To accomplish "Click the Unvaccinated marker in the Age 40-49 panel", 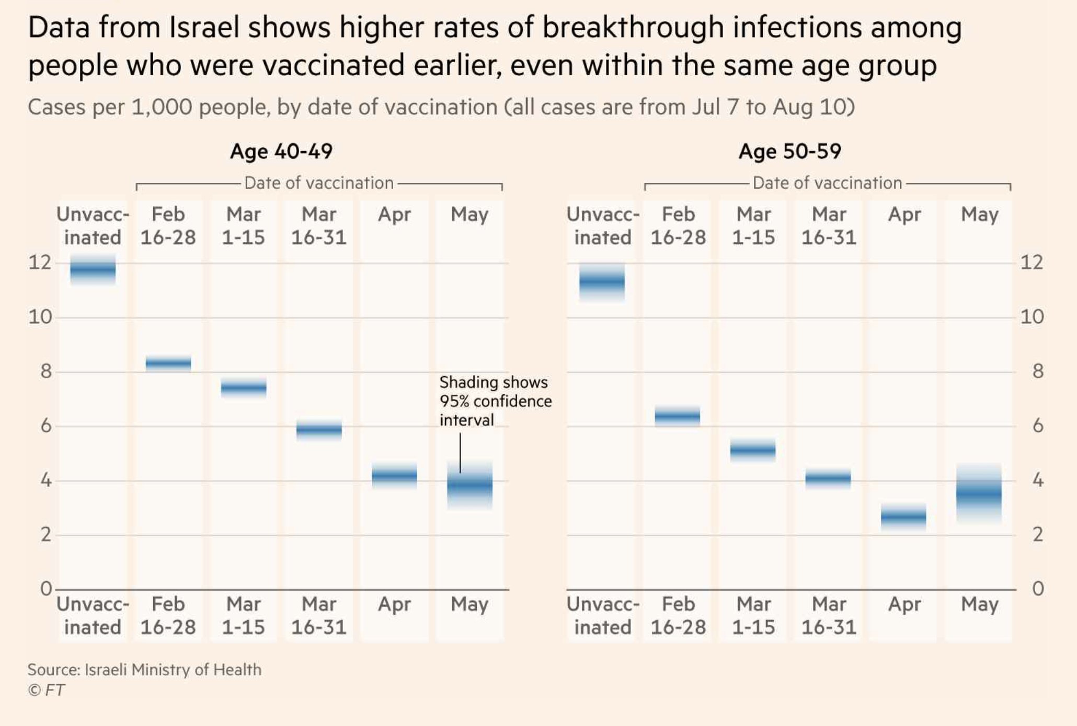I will (x=93, y=270).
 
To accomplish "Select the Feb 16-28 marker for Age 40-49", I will (x=168, y=362).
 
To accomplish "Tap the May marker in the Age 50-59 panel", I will (x=979, y=493).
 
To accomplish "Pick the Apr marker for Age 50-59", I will (x=903, y=517).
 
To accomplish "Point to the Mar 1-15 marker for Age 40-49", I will (x=244, y=388).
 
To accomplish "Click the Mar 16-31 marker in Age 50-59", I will (x=828, y=477).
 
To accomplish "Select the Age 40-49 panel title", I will (x=281, y=151).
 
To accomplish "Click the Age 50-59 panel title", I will (x=789, y=151).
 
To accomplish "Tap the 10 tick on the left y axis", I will (x=40, y=317).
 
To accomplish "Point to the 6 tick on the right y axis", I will (x=1038, y=426).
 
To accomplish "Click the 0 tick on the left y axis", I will (x=46, y=589).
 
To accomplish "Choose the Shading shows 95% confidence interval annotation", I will (x=495, y=401).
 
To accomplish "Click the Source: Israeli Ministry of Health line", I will (x=144, y=670).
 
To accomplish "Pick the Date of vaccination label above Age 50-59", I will (x=827, y=183).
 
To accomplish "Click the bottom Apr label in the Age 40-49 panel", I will (x=394, y=604).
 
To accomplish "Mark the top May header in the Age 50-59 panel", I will (x=979, y=214).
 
